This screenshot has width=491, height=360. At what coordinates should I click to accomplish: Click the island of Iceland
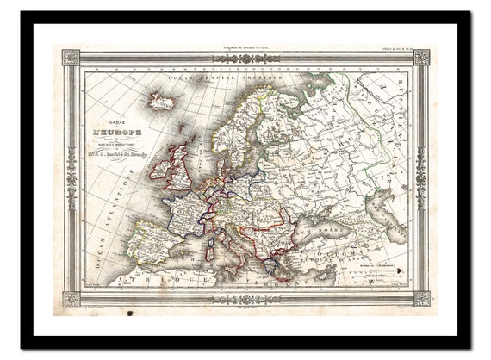click(x=162, y=102)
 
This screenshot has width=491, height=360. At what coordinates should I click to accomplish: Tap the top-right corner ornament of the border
click(x=420, y=58)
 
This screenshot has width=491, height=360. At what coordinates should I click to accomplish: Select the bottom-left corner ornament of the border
click(x=71, y=299)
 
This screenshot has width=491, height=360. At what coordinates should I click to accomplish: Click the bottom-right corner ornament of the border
click(x=420, y=299)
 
